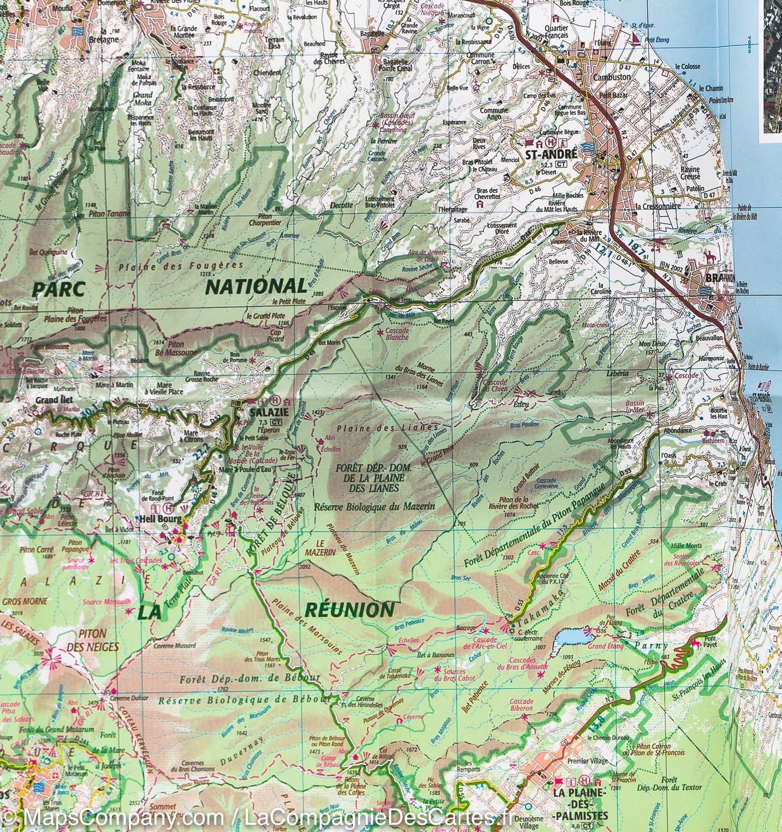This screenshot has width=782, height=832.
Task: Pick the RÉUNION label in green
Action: click(349, 609)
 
